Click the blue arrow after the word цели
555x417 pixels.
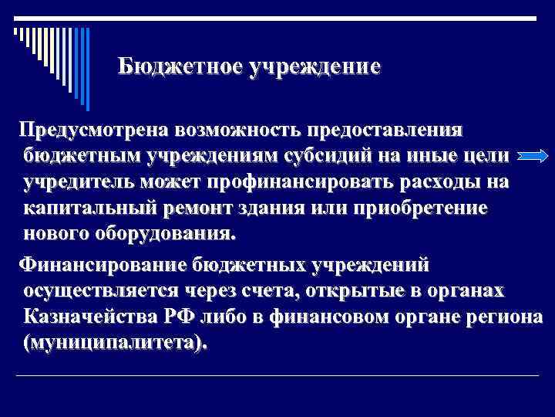[530, 156]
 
